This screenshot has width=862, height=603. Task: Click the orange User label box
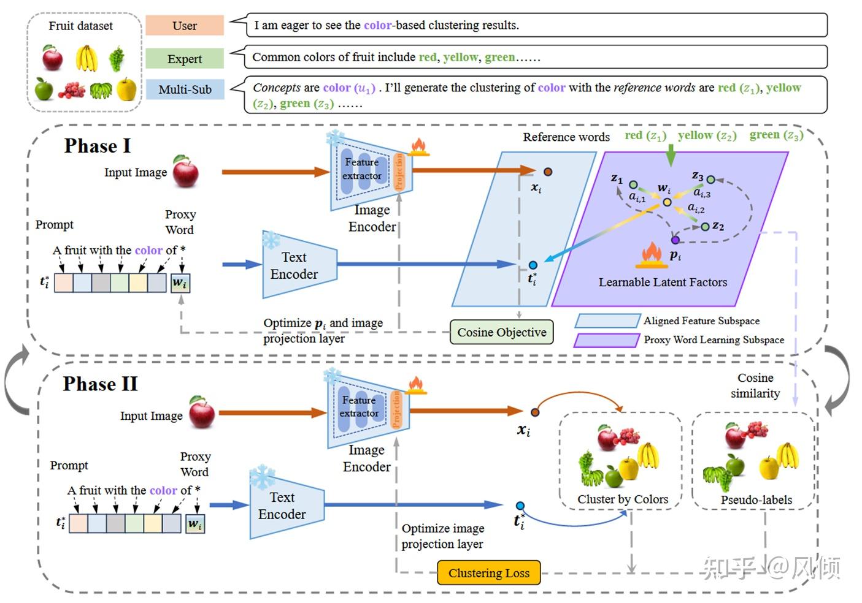(184, 26)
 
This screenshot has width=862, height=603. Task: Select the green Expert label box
(184, 59)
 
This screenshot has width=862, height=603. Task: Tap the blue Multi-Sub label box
(184, 89)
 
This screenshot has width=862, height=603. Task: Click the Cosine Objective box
(501, 332)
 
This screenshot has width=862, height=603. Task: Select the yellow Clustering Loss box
(488, 573)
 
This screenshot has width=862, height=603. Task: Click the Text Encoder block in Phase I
(298, 265)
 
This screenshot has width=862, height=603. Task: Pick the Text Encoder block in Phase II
(286, 506)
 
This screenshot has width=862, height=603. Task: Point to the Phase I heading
(98, 146)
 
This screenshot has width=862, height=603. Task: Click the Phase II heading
(100, 384)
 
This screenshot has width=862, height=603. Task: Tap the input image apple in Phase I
(185, 172)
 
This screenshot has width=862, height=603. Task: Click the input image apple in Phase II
(201, 412)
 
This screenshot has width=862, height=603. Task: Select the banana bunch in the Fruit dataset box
(87, 58)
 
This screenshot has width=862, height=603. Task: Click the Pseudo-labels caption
(756, 500)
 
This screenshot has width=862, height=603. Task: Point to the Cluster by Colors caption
(622, 499)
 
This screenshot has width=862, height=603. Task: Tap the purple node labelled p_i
(675, 240)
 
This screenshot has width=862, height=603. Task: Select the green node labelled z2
(705, 227)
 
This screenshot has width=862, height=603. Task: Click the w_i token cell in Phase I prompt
(180, 283)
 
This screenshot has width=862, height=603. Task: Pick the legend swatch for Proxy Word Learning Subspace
(606, 340)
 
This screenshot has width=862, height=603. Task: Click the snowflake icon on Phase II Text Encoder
(262, 476)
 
